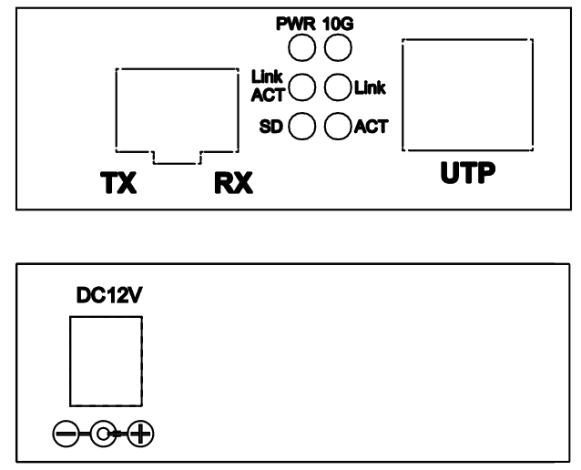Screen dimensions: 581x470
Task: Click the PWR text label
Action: pos(296,24)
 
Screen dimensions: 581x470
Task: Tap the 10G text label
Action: pos(338,24)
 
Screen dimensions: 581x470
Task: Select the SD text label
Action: pos(270,128)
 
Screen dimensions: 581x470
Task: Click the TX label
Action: pos(118,183)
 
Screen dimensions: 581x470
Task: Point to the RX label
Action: pos(233,183)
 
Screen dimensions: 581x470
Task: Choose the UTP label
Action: pos(468,173)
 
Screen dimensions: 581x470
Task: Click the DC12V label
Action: pos(109,295)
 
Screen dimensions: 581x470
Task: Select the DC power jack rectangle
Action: pos(69,362)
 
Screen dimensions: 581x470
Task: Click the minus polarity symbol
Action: pos(66,434)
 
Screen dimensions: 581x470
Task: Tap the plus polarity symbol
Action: pos(140,434)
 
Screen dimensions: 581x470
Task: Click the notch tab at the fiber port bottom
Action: pos(177,163)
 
